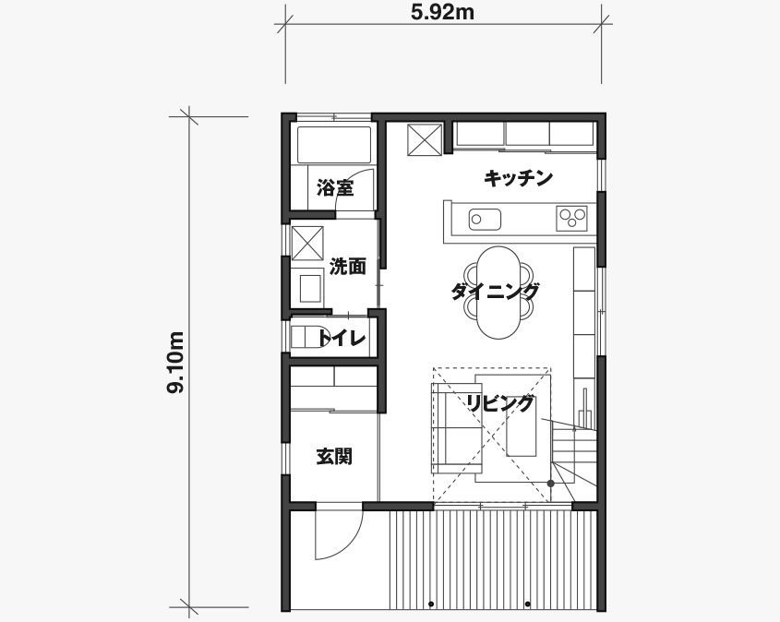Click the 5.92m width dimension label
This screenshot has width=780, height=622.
442,12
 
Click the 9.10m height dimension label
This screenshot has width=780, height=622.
175,363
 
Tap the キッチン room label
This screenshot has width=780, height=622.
519,178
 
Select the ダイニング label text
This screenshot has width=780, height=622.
495,292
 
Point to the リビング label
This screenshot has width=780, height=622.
501,403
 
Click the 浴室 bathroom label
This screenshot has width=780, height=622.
335,188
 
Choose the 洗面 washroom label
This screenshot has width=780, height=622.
348,267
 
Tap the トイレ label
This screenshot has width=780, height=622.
342,339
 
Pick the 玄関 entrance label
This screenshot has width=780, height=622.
335,456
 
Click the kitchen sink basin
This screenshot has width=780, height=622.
485,220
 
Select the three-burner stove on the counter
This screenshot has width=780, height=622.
572,219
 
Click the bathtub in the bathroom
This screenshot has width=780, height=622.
334,145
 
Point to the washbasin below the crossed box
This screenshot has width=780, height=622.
311,287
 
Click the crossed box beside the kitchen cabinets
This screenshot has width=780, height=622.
425,139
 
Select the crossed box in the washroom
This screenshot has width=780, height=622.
307,243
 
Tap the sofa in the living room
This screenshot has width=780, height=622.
457,428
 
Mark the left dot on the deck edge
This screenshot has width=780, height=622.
431,604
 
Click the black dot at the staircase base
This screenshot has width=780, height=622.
551,484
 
